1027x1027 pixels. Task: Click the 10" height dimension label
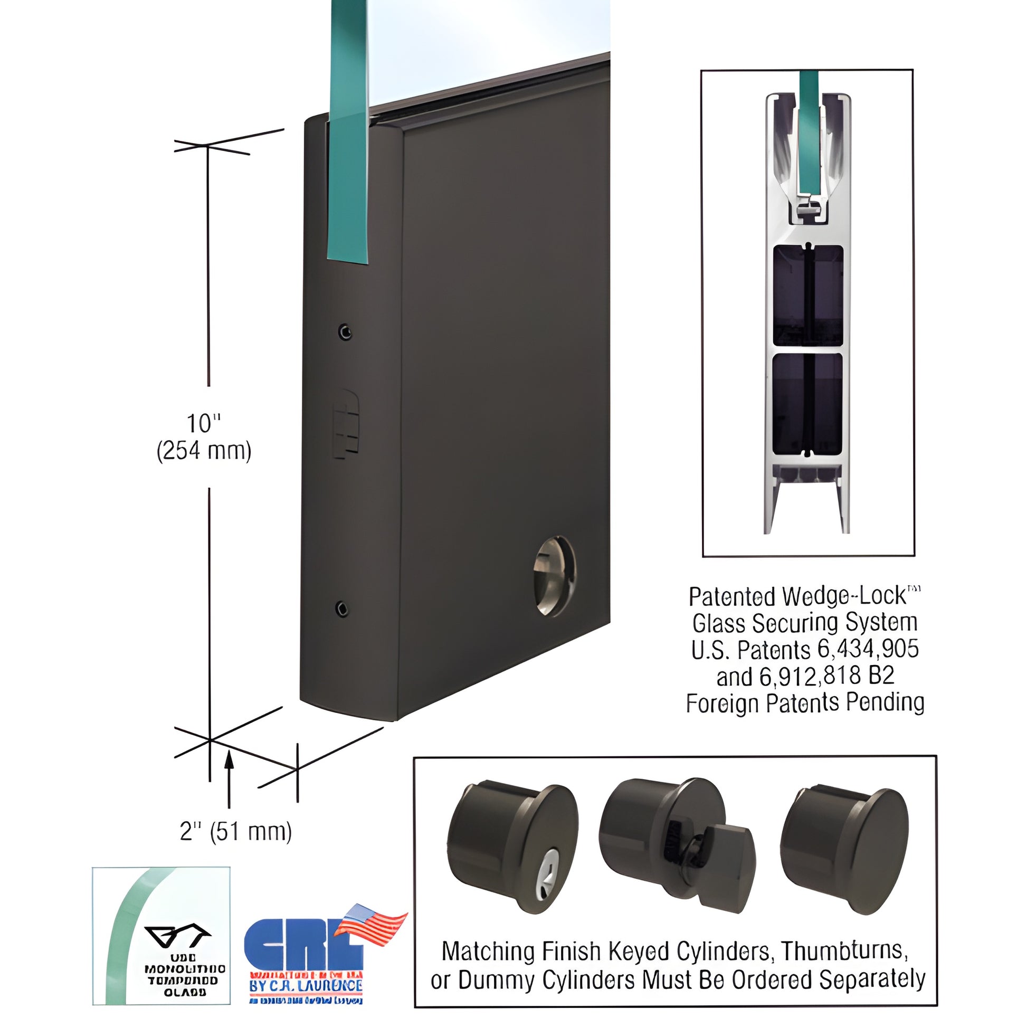[x=203, y=424]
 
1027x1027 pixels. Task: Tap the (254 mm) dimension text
[x=204, y=451]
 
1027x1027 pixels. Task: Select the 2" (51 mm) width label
[x=235, y=831]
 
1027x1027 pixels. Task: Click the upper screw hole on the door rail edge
[x=346, y=332]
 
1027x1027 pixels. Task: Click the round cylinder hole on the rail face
[x=555, y=576]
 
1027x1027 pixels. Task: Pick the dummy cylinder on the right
[x=845, y=837]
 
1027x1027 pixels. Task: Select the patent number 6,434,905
[x=864, y=650]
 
